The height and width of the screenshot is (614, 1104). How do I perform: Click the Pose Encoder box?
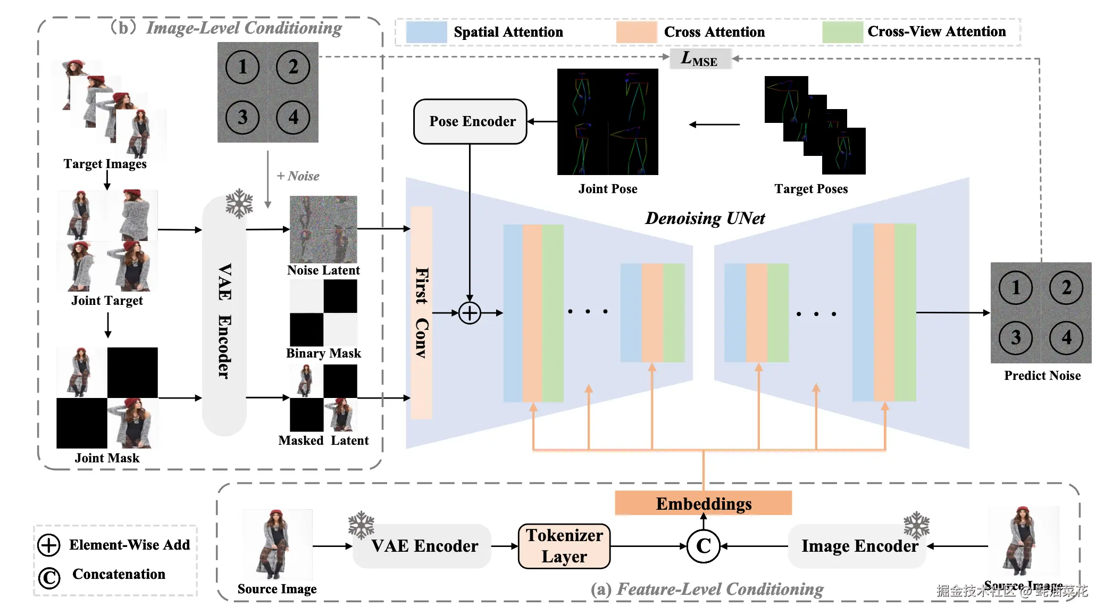[470, 121]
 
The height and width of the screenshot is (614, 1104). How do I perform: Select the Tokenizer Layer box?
[564, 546]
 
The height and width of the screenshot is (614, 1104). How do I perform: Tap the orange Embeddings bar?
[703, 503]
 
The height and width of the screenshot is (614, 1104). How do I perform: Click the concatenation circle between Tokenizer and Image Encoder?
[703, 546]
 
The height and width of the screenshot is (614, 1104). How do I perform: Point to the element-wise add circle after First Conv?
[470, 313]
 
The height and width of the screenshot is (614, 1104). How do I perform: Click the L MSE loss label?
[700, 59]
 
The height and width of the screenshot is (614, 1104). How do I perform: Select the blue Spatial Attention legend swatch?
[426, 32]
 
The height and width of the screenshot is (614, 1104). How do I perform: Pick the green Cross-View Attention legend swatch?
[842, 32]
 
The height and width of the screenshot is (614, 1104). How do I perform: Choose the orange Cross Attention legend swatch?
[636, 32]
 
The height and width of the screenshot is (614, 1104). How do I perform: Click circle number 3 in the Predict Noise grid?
[1015, 337]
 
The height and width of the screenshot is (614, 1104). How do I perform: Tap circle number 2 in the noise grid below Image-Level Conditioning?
[293, 67]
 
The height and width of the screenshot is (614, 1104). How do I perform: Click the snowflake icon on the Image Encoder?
[916, 525]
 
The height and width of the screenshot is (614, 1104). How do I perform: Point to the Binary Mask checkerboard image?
[323, 313]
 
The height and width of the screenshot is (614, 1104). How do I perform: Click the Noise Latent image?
[323, 229]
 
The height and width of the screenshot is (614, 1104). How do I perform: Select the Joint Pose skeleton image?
[607, 122]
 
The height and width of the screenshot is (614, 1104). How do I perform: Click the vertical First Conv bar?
[421, 313]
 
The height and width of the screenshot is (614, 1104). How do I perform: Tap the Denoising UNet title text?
[705, 218]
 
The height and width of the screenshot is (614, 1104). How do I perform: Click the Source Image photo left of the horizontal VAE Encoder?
[277, 544]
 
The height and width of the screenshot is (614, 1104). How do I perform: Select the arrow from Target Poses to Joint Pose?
[714, 125]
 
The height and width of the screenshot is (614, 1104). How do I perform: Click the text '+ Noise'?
[298, 176]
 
